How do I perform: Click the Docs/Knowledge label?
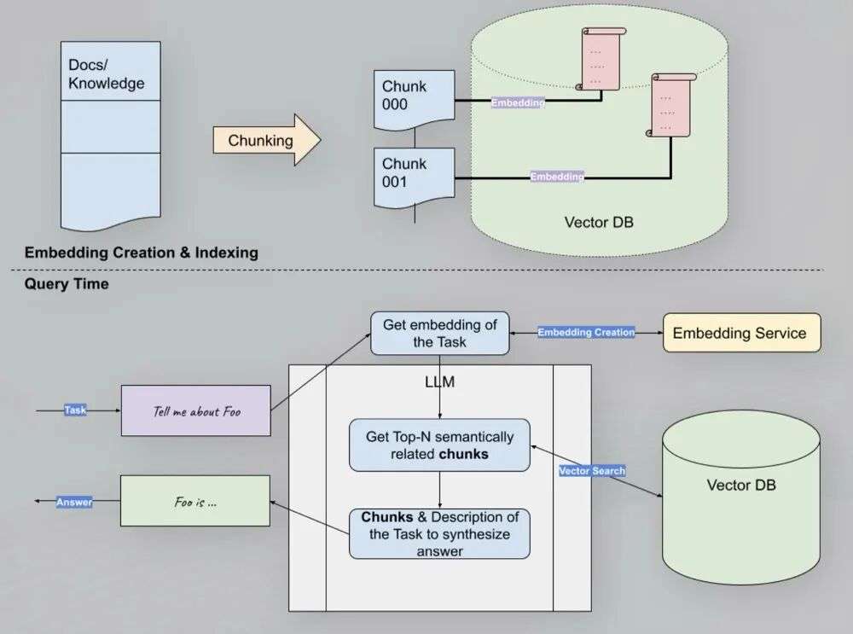tap(107, 75)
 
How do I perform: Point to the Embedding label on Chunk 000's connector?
tap(517, 102)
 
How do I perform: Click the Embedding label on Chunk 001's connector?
tap(557, 177)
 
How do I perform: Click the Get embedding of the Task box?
tap(439, 333)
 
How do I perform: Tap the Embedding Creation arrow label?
tap(586, 332)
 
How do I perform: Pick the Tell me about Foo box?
tap(196, 410)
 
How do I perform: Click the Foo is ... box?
tap(194, 501)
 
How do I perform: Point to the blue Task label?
tap(76, 410)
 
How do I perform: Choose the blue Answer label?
tap(74, 503)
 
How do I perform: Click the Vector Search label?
tap(592, 470)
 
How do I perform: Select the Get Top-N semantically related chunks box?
tap(439, 445)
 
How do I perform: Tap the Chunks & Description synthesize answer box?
tap(439, 534)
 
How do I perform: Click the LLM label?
tap(439, 382)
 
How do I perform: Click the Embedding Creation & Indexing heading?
tap(141, 253)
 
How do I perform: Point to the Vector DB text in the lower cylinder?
tap(741, 486)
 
